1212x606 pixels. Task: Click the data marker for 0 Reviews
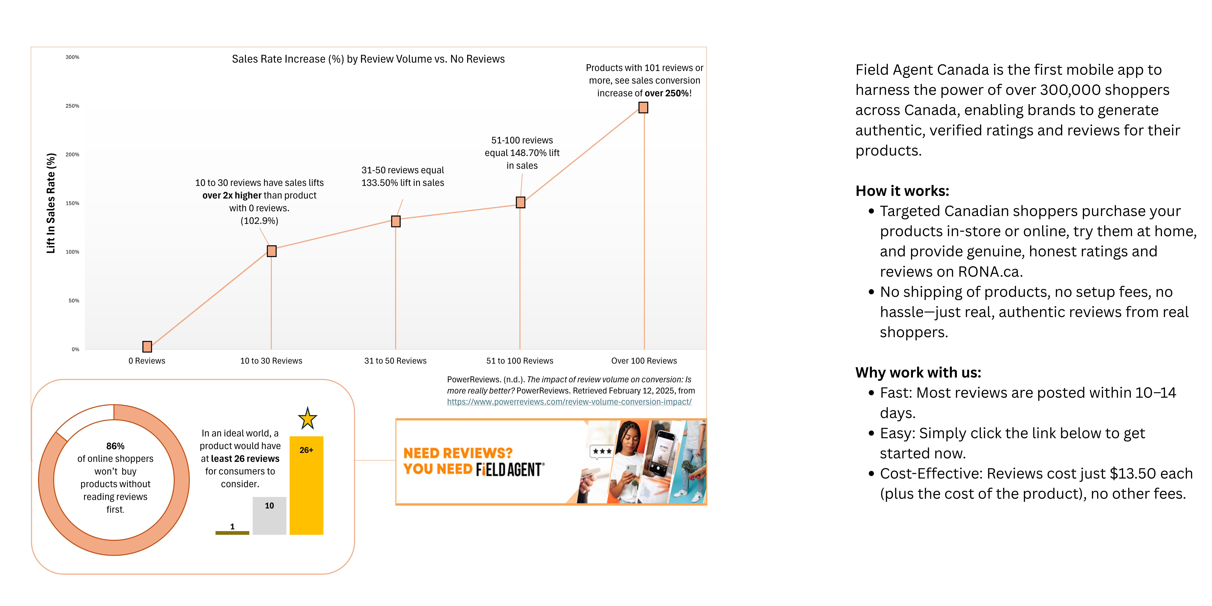147,347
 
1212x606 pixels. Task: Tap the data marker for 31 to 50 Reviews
396,221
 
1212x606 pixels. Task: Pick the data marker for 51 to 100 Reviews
520,202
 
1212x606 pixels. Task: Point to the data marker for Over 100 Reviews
643,108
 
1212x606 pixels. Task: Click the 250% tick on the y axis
72,106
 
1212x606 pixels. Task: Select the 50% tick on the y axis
74,301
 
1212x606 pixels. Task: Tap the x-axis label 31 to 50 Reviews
395,361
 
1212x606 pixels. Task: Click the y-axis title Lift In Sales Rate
51,203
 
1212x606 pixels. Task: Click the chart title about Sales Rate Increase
368,59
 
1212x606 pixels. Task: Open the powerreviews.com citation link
569,402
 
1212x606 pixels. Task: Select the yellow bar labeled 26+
306,486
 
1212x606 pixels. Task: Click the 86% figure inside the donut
115,446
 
